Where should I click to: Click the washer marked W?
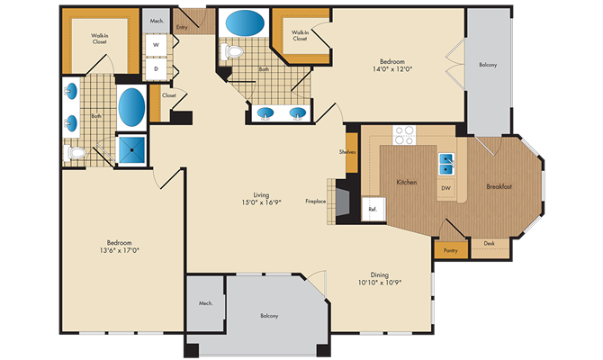point(156,45)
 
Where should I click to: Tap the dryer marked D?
point(156,68)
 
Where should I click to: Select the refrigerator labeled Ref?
point(373,209)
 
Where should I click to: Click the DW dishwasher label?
point(445,188)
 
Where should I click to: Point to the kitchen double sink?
point(446,164)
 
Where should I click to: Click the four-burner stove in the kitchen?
point(404,135)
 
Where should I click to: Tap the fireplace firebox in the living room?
point(343,202)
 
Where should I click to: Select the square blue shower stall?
point(131,149)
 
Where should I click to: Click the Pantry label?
point(451,250)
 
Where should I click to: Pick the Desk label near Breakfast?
point(490,244)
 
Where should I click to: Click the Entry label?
point(182,27)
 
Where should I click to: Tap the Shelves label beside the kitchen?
point(347,152)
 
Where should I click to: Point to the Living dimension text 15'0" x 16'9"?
point(261,202)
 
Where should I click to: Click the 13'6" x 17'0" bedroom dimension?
point(119,250)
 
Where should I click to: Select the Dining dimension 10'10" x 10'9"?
point(380,283)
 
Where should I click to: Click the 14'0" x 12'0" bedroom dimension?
point(392,69)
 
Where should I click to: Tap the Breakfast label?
point(499,187)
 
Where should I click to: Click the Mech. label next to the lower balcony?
point(206,303)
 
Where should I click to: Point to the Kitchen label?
point(407,183)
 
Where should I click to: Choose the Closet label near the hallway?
point(169,95)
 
